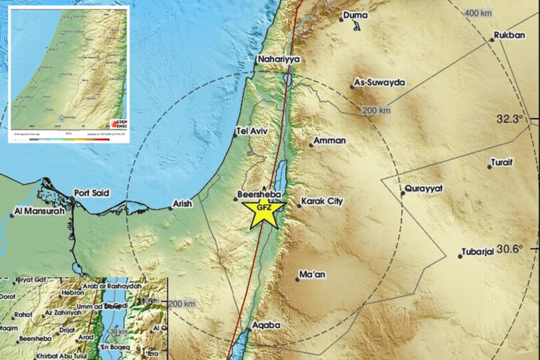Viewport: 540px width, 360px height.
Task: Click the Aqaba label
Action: click(266, 325)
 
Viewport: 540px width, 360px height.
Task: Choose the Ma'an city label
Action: click(314, 274)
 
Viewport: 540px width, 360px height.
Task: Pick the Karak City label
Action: click(322, 202)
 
